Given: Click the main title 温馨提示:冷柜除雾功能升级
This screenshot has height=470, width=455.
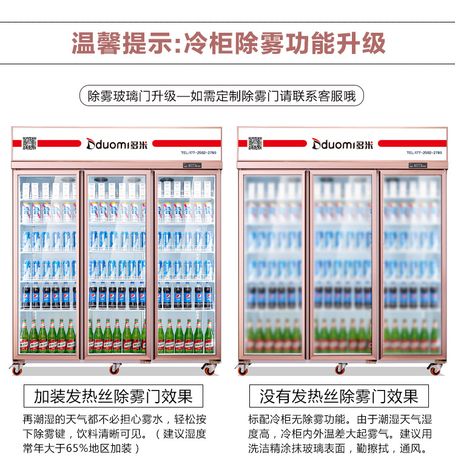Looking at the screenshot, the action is (228, 44).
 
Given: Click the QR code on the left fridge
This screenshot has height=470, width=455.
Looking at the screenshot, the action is (30, 143).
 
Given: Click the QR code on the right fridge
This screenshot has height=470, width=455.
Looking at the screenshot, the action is (255, 143).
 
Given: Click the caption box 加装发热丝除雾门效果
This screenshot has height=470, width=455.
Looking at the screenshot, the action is (113, 397).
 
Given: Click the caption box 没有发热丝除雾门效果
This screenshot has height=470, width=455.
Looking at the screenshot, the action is (339, 397).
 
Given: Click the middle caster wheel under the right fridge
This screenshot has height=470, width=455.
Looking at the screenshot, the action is (341, 368).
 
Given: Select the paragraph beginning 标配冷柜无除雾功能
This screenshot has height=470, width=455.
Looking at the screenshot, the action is (340, 434).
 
